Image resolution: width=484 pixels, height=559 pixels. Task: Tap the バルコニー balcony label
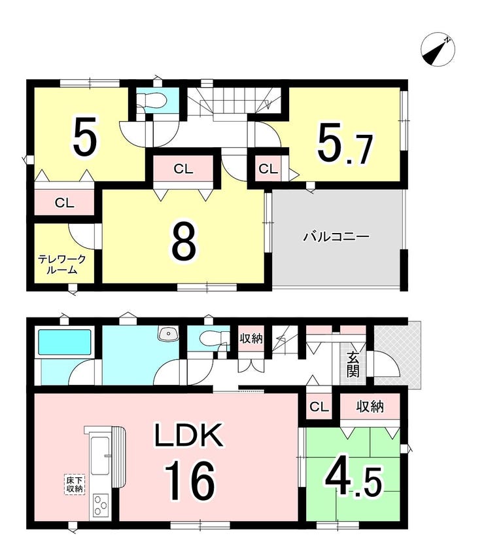[x=336, y=237]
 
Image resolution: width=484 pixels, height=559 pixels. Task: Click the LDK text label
[x=188, y=435]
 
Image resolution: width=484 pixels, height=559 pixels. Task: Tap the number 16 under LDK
[x=190, y=480]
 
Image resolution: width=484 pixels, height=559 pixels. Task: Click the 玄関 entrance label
[x=353, y=365]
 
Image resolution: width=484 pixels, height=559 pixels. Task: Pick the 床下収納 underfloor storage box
[x=75, y=484]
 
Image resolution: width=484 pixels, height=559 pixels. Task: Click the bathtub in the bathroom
[x=65, y=342]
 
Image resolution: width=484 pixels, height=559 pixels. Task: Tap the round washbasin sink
[x=167, y=334]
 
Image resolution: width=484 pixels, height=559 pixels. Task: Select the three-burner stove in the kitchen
[x=101, y=505]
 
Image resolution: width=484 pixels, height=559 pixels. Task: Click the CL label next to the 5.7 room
[x=268, y=169]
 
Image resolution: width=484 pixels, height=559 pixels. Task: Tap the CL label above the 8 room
[x=183, y=169]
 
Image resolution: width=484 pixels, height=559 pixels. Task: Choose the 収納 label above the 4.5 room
[x=370, y=406]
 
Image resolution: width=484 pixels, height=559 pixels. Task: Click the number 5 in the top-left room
[x=85, y=135]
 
